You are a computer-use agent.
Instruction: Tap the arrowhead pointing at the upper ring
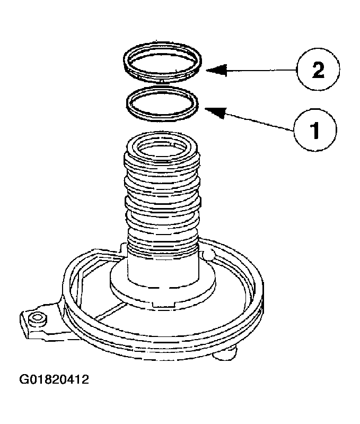tap(212, 69)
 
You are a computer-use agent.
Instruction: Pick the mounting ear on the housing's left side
tap(37, 322)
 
